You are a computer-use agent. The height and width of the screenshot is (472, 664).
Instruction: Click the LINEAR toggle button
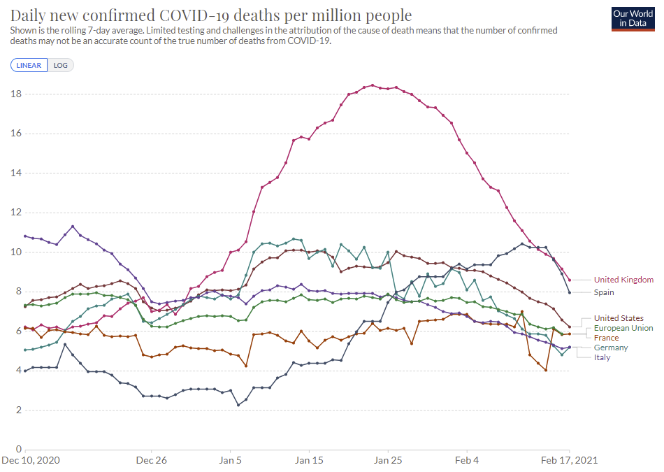tap(29, 65)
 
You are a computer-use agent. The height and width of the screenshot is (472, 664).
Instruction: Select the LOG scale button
tap(60, 65)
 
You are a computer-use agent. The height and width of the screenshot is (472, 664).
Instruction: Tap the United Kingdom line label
tap(623, 280)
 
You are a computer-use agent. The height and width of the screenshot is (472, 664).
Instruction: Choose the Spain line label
tap(605, 292)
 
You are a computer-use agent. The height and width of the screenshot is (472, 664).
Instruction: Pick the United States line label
tap(619, 318)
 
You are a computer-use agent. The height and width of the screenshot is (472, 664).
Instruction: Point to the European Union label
tap(623, 328)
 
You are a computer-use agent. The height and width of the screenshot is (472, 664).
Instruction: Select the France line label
tap(607, 338)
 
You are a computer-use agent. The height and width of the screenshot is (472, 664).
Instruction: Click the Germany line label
tap(611, 348)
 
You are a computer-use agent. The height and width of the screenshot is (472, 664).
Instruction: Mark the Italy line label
tap(602, 357)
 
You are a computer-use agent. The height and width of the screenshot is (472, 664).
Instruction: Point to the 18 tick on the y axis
tap(16, 94)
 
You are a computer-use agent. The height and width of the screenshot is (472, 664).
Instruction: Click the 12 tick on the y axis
tap(16, 213)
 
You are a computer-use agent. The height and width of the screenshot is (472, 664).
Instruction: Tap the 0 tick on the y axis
tap(19, 450)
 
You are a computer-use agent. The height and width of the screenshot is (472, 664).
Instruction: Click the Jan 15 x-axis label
tap(309, 461)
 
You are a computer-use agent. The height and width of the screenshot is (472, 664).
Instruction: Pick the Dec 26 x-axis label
tap(151, 461)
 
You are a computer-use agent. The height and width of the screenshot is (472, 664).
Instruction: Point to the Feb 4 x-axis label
tap(467, 461)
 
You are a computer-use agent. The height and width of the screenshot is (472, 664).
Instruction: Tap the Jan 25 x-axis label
tap(388, 461)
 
